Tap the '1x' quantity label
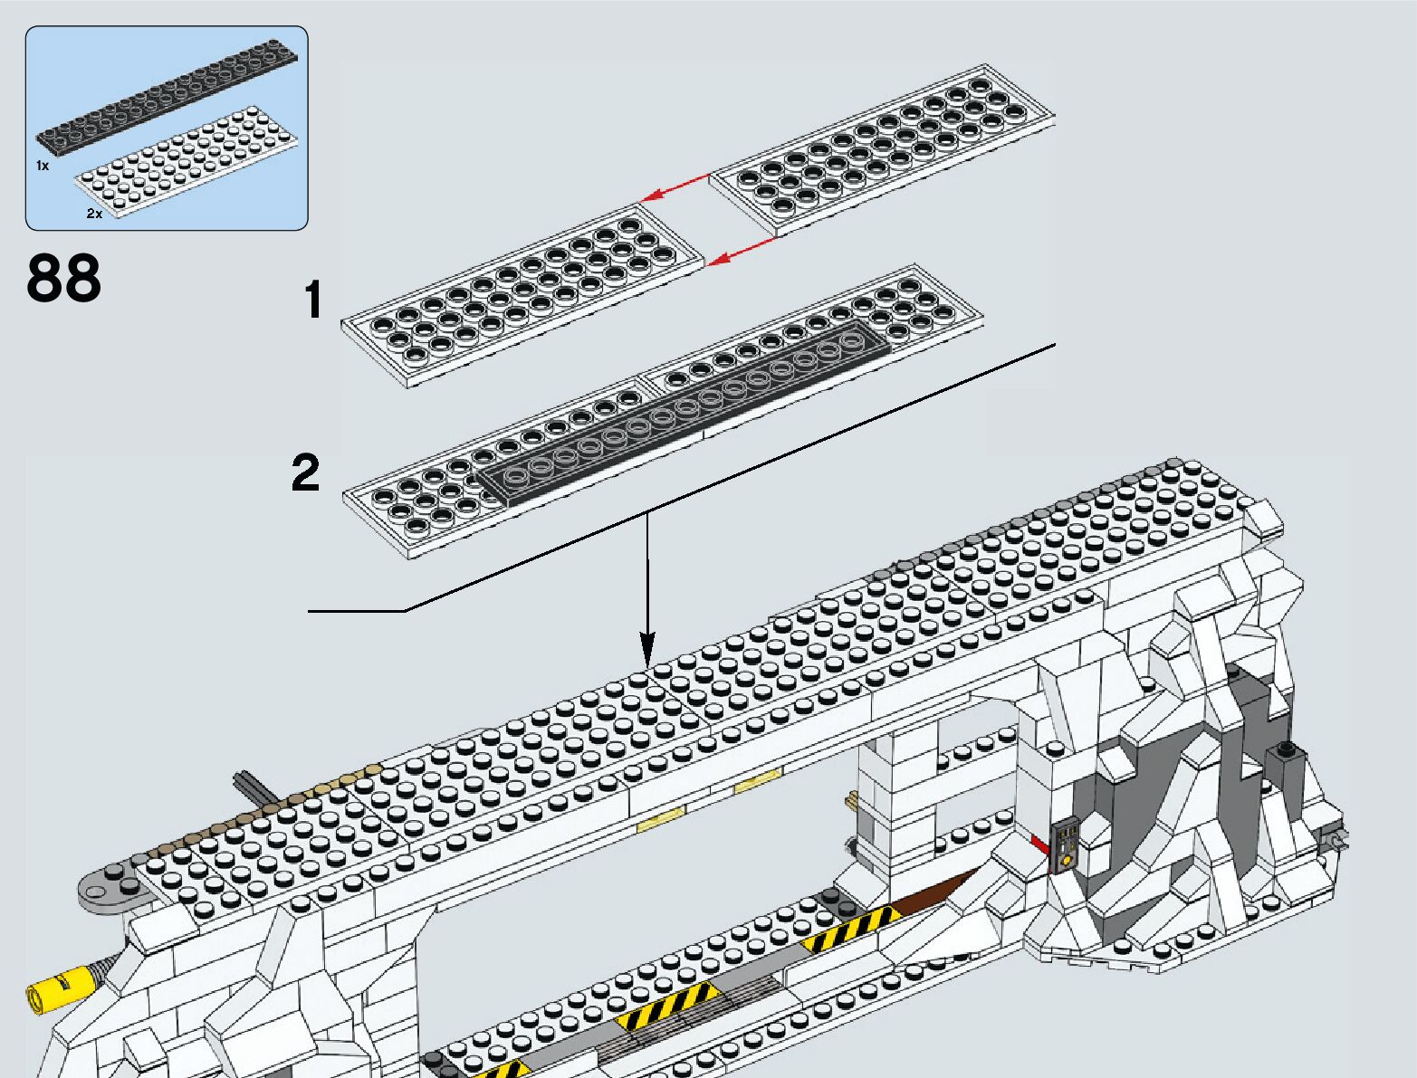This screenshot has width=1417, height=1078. [x=42, y=166]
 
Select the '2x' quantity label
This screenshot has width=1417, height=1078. [x=94, y=214]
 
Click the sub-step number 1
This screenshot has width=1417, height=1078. [x=313, y=300]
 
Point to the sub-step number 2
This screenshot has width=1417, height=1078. [x=306, y=472]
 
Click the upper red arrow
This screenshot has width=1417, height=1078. [x=675, y=187]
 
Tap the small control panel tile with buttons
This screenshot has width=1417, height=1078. [x=1067, y=844]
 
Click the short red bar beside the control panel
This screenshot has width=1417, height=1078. [x=1039, y=844]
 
